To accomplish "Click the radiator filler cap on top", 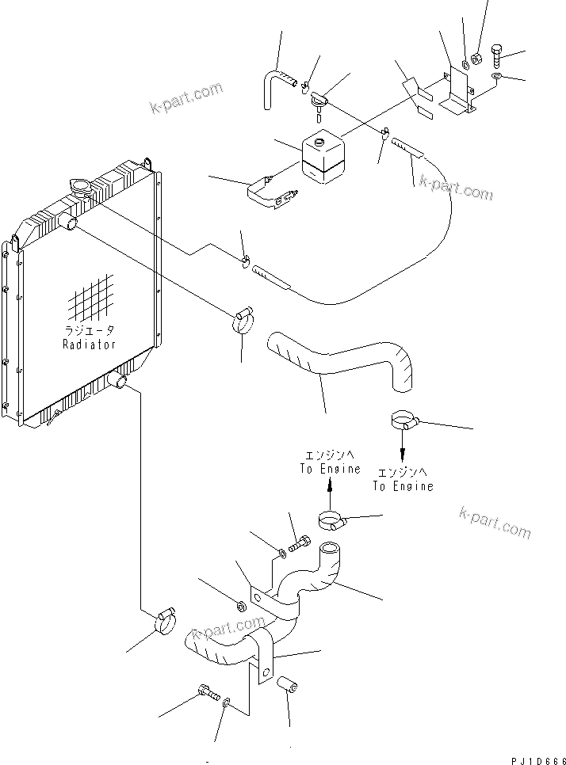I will tap(80, 186).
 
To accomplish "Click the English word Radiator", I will tap(90, 344).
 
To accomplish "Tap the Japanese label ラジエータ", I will tap(90, 331).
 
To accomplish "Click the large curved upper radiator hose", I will tap(341, 360).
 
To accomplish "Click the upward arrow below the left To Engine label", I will tap(329, 489).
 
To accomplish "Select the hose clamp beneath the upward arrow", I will tap(331, 520).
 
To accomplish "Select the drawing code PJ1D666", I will tap(535, 760).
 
